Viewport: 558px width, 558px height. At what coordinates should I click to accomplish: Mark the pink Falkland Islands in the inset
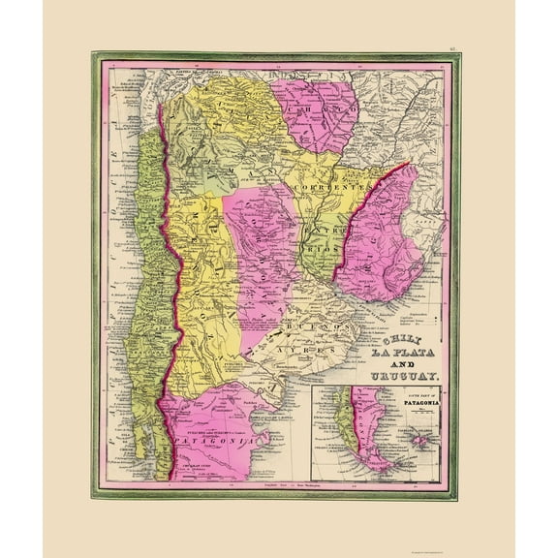pyautogui.click(x=418, y=441)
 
